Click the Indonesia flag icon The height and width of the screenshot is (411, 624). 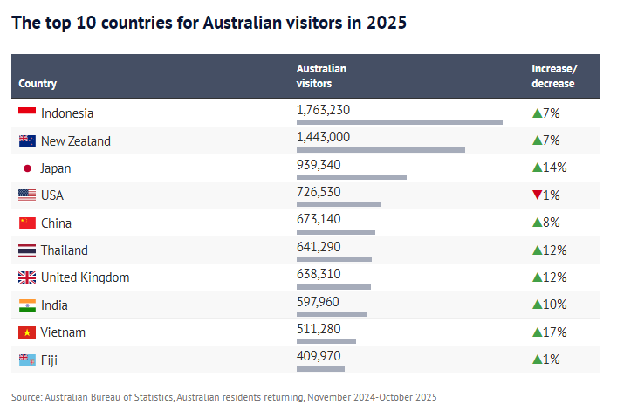[26, 113]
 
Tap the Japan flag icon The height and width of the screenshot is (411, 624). [26, 168]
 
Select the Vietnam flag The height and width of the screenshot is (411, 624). [26, 332]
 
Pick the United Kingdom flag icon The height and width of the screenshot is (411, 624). [26, 277]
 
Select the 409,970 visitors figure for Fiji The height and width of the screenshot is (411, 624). [319, 356]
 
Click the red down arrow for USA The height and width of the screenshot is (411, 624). [537, 195]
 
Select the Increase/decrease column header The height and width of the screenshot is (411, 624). [554, 76]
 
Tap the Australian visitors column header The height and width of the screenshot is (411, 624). [321, 76]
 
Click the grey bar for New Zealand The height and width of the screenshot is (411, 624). [381, 150]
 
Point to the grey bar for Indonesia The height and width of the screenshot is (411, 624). [400, 123]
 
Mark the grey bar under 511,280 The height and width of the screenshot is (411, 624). [326, 341]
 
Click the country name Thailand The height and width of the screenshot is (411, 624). [64, 250]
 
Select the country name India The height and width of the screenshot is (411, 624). [54, 305]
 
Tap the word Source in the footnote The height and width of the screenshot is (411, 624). [26, 397]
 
